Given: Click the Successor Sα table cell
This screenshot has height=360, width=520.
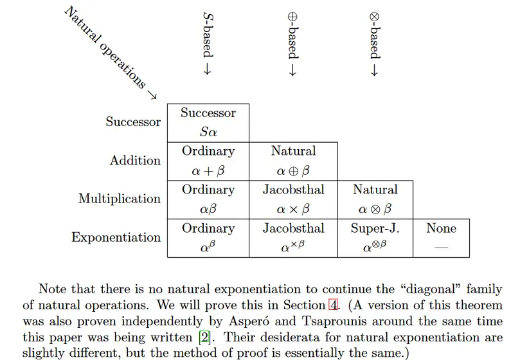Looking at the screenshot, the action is coord(208,123).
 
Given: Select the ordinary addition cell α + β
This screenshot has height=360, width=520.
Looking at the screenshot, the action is coord(208,161).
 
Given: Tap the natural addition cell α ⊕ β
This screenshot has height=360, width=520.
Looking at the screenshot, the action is coord(293,161).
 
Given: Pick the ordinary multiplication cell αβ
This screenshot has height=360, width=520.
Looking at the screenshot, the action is coord(208,200).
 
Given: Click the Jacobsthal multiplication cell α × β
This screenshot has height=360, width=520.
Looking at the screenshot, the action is coord(293,200).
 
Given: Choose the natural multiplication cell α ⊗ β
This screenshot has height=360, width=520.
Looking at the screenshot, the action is coord(375,200).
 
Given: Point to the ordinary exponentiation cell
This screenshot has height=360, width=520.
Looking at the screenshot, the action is coord(208,239).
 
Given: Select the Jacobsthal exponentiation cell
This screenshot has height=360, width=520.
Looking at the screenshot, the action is coord(293,239).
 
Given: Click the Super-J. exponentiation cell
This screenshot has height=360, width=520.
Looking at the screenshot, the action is coord(375,239).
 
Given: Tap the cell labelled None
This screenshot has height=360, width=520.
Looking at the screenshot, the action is coord(441,239).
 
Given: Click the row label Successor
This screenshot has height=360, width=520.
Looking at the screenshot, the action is coord(133,122).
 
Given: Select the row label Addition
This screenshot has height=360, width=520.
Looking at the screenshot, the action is coord(135,160).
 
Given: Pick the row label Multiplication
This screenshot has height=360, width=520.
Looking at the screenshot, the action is coord(120,199).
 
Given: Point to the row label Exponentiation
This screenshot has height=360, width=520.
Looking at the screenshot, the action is coord(116,237).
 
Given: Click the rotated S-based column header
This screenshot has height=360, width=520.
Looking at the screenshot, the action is coord(208,44).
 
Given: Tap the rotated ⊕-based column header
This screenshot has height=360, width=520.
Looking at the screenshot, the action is coord(293,44).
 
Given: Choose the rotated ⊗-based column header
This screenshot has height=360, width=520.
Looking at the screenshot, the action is coord(375,44).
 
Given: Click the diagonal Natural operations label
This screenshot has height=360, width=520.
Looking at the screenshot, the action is coord(111,53).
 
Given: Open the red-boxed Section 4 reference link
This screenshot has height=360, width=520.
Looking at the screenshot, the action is coord(334,305).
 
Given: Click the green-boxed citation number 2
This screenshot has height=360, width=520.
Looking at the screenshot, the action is coord(204,337).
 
